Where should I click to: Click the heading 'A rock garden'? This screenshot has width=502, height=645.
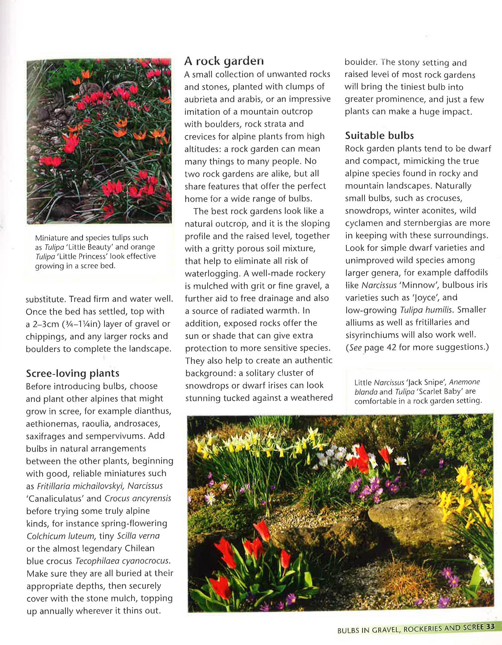click(224, 61)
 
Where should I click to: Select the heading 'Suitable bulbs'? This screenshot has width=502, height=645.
click(379, 135)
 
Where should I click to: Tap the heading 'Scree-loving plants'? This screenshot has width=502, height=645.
click(73, 373)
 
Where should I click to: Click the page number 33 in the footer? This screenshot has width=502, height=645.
click(491, 627)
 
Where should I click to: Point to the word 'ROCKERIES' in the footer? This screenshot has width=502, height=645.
click(423, 629)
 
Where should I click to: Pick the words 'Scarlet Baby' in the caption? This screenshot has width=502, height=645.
click(439, 392)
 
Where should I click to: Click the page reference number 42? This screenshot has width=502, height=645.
click(391, 348)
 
